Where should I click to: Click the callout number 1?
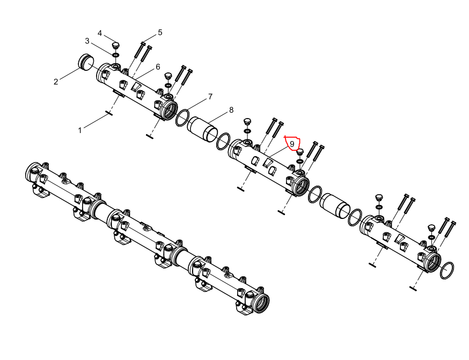[x=79, y=131]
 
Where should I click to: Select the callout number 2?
[x=56, y=82]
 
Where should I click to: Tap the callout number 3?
[x=87, y=41]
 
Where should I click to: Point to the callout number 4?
[x=100, y=33]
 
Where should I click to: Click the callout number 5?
[x=160, y=33]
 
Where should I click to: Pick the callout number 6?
[x=158, y=67]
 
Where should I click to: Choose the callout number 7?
[x=210, y=97]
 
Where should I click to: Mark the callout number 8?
[x=231, y=110]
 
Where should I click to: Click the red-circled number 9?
[x=292, y=144]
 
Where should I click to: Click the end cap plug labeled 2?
[x=86, y=62]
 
